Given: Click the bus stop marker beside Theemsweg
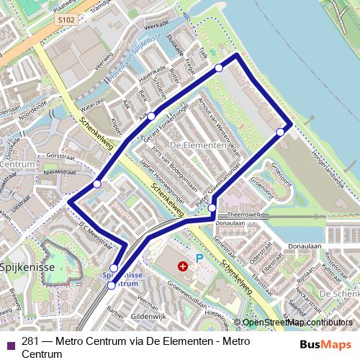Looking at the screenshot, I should pyautogui.click(x=212, y=209).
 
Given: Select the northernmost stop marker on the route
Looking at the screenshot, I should pyautogui.click(x=219, y=68).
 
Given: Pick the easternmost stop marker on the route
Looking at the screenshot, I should pyautogui.click(x=280, y=132).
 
